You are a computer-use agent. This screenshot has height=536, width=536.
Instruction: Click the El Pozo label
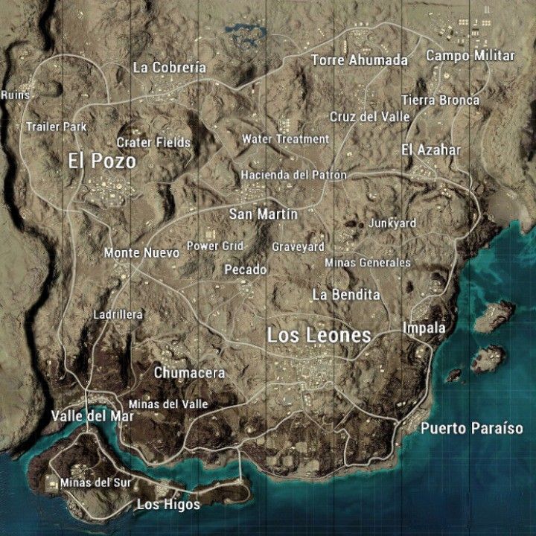click(101, 161)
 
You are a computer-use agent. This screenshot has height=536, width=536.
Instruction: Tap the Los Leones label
click(319, 336)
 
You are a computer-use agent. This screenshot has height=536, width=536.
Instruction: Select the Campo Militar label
click(470, 56)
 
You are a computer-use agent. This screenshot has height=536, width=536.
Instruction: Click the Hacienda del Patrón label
click(293, 175)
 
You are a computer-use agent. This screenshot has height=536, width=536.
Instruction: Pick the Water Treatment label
click(285, 139)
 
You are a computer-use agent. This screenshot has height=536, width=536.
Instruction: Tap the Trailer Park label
click(56, 127)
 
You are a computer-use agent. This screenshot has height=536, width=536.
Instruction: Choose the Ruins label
click(15, 95)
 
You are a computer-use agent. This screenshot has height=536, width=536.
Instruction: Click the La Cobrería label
click(169, 67)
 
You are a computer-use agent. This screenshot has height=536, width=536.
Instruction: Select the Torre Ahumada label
click(360, 60)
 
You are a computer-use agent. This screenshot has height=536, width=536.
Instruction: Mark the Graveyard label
click(298, 246)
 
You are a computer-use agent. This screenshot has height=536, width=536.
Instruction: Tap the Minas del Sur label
click(95, 482)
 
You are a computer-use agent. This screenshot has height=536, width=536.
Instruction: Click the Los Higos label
click(168, 505)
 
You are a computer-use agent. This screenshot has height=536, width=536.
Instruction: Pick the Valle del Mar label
click(92, 416)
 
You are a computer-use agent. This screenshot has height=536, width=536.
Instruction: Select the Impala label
click(424, 328)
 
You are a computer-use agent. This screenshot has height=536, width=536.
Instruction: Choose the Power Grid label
click(214, 246)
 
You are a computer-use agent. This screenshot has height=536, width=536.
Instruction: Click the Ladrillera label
click(118, 315)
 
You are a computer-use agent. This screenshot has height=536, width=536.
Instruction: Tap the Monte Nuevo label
click(141, 253)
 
